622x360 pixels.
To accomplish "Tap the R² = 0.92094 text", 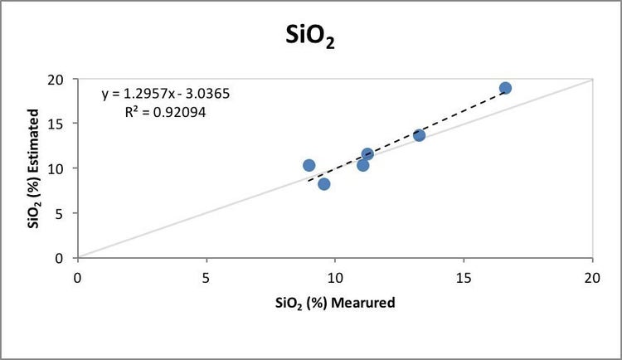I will click(x=163, y=109).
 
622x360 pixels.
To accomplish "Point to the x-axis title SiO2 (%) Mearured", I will click(x=335, y=303).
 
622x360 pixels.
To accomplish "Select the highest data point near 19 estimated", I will click(x=505, y=88).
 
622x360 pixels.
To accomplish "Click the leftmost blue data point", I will click(x=309, y=165).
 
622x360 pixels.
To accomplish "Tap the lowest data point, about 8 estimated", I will click(x=324, y=184).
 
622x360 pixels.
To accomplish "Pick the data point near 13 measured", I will click(x=420, y=135).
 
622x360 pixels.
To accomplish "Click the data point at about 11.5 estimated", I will click(x=367, y=153).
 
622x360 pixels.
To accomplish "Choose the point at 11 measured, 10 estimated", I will click(x=362, y=165).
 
